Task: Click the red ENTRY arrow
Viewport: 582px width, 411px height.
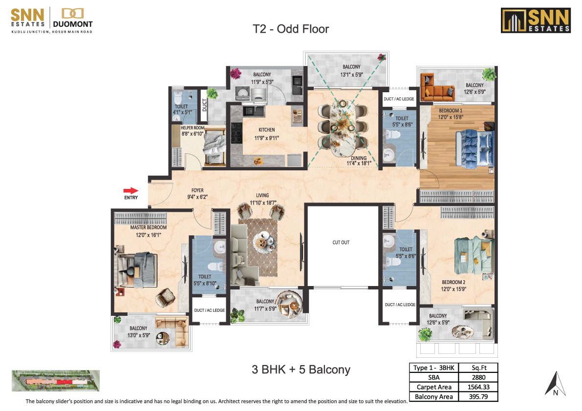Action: [x=130, y=190]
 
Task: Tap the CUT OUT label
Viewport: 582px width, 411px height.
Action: [x=341, y=243]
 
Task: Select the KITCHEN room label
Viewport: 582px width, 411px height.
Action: [x=266, y=130]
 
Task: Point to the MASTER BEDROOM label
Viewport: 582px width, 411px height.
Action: [x=148, y=227]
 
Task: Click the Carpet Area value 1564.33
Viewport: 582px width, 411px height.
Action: [x=478, y=387]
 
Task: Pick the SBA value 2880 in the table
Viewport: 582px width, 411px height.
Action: [x=478, y=377]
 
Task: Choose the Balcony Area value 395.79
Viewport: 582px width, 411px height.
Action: [x=478, y=396]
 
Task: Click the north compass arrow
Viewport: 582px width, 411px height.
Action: [x=555, y=383]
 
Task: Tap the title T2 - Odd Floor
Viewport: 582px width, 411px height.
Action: [x=291, y=29]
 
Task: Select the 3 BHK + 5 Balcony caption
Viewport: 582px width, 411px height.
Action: [x=301, y=370]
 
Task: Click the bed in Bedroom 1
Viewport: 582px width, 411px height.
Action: [x=474, y=148]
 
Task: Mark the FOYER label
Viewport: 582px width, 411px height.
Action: [x=197, y=190]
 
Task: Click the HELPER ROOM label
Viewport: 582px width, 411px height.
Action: [x=192, y=128]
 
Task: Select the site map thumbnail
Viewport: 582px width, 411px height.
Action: [x=56, y=381]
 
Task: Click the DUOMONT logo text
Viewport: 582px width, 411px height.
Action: [x=73, y=24]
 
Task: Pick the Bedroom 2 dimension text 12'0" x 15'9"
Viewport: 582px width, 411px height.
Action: [x=453, y=289]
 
